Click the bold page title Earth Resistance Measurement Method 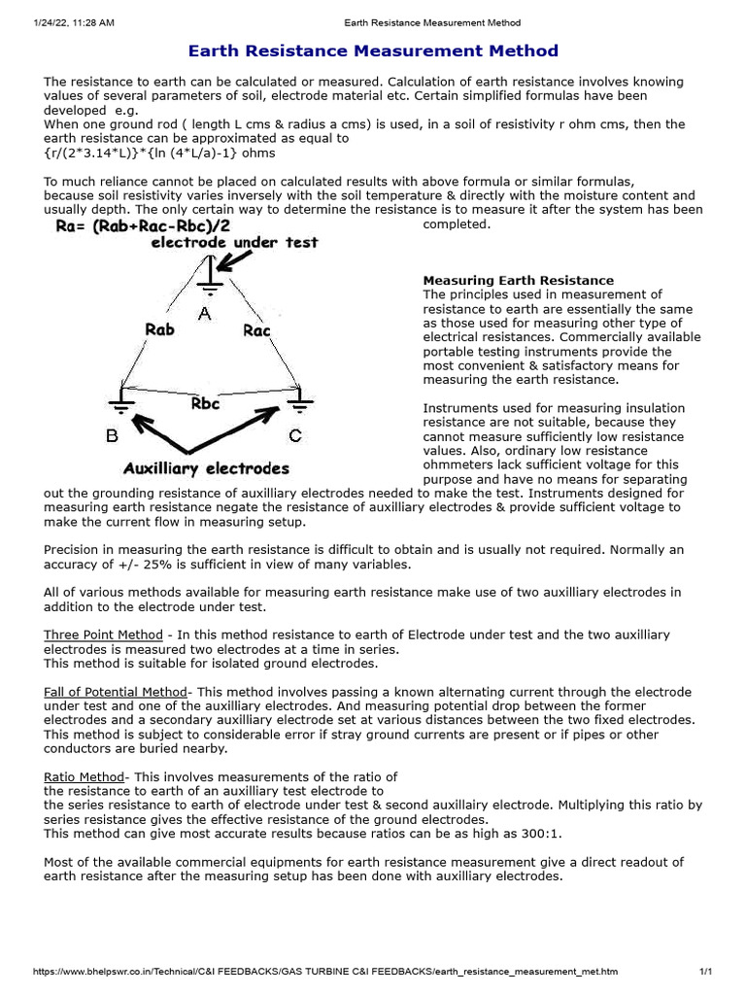click(373, 51)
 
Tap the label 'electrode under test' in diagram click(234, 243)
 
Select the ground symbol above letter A click(206, 283)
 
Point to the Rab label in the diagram click(159, 330)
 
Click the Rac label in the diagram click(256, 331)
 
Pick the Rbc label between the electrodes click(206, 403)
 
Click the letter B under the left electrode click(113, 436)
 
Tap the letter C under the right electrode click(295, 436)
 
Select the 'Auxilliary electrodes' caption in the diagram click(206, 468)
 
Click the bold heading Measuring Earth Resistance click(518, 281)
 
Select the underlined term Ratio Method click(84, 777)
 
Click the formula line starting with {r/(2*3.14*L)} click(159, 153)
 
